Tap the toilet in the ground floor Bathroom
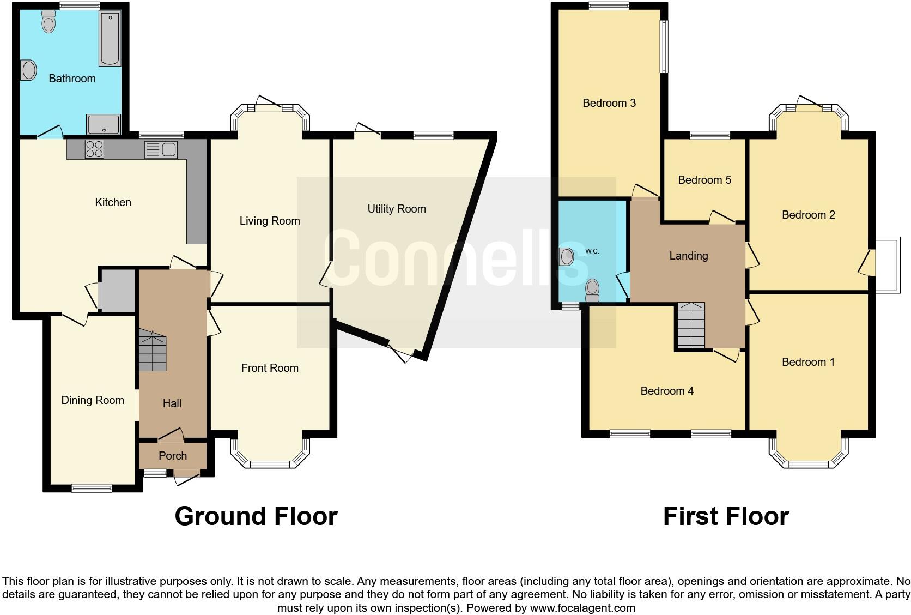[48, 22]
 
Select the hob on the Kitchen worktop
[94, 149]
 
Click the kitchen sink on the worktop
[162, 149]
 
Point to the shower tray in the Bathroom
[104, 124]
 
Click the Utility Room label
[396, 209]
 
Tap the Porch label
[172, 456]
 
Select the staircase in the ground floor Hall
[152, 352]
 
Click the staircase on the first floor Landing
[690, 325]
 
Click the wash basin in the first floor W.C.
[567, 256]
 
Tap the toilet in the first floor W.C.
[592, 290]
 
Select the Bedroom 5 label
[704, 180]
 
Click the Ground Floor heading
[256, 516]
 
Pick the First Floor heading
[725, 516]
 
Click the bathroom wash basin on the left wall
[28, 70]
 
